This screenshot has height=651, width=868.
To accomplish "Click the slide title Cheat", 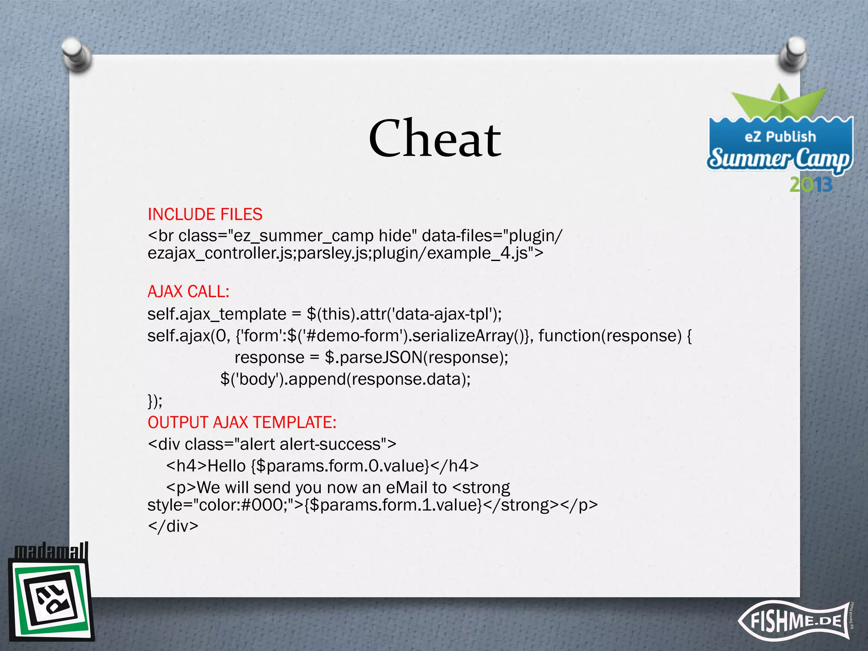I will (435, 139).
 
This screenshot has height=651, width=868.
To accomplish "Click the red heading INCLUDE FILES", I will (205, 214).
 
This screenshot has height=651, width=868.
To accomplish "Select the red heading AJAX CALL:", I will (189, 292).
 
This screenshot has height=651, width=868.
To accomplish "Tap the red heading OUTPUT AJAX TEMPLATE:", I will (242, 423).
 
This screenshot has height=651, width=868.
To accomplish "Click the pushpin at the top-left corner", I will (76, 54).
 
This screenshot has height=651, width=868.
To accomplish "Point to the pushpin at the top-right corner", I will (792, 55).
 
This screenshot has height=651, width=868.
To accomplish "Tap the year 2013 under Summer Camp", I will (811, 185).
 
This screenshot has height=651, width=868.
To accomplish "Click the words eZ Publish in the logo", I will (780, 136).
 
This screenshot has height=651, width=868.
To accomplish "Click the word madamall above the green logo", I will (51, 551).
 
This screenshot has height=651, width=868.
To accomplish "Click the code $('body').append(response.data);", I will (345, 379).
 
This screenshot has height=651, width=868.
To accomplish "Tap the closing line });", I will (155, 401).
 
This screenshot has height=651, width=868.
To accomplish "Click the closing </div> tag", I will (173, 526).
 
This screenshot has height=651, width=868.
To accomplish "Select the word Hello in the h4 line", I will (227, 466).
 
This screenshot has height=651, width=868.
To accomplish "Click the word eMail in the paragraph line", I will (406, 487).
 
